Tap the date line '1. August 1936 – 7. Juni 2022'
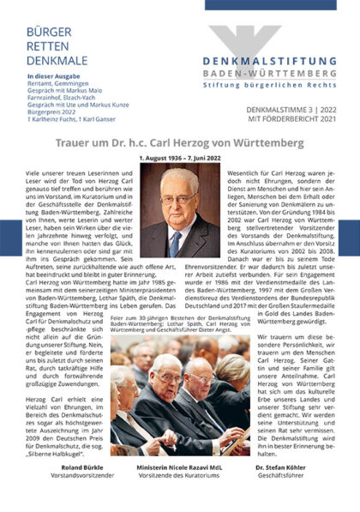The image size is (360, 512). (180, 158)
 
